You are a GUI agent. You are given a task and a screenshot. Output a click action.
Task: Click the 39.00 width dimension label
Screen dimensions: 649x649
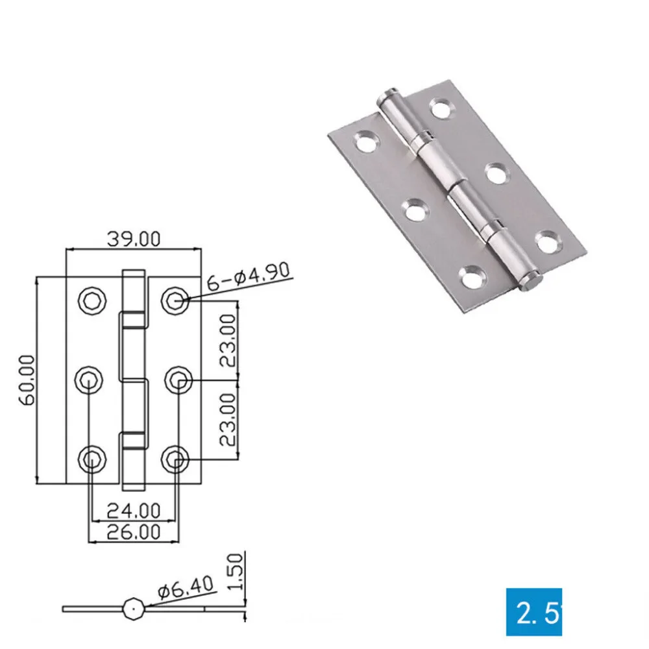tap(134, 239)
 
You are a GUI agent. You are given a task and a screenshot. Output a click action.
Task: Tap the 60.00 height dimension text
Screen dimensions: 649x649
tap(27, 380)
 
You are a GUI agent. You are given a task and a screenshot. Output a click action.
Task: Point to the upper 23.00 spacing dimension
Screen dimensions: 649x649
tap(228, 340)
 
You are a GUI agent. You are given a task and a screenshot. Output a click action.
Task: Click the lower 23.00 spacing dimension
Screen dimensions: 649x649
tap(228, 419)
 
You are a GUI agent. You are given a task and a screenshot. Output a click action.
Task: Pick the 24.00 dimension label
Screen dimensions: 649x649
tap(134, 511)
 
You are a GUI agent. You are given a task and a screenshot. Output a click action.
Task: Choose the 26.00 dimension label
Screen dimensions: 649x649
tap(134, 532)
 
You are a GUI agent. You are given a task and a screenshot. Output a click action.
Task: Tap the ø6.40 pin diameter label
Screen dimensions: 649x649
tap(186, 586)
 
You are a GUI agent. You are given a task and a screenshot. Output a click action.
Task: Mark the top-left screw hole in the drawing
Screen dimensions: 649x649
tap(92, 300)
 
